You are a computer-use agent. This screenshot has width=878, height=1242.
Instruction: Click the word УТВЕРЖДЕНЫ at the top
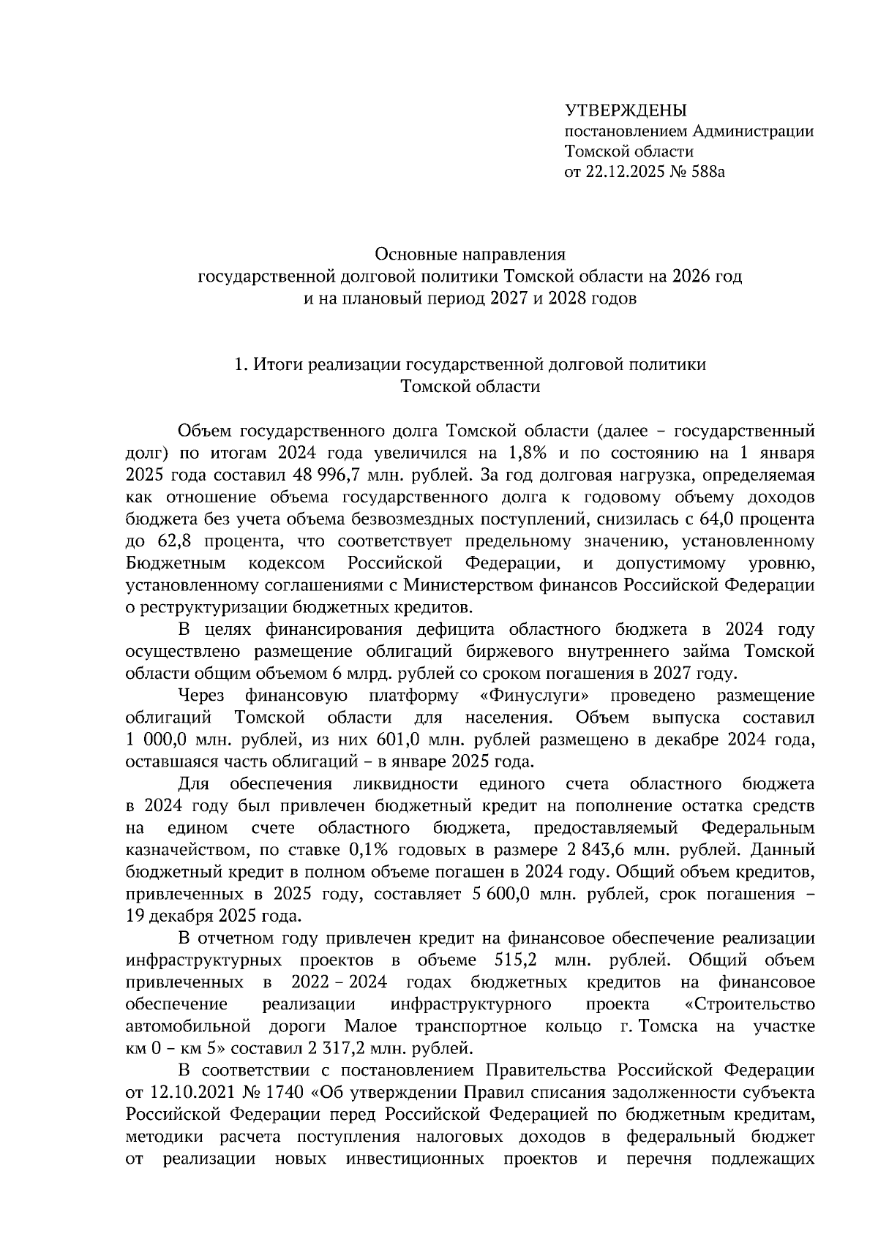pyautogui.click(x=626, y=110)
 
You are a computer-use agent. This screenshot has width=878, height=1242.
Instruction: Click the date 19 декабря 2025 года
pyautogui.click(x=212, y=916)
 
